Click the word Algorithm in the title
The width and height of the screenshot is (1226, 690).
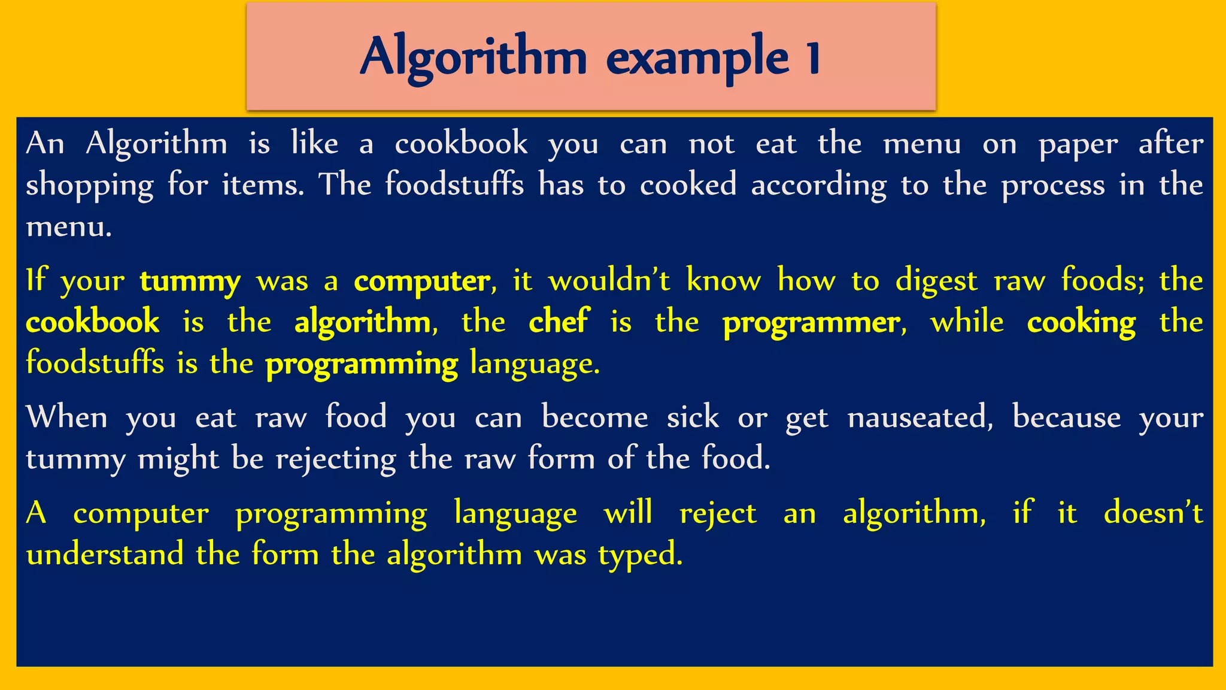pyautogui.click(x=473, y=57)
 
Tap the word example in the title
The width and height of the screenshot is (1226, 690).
pyautogui.click(x=697, y=57)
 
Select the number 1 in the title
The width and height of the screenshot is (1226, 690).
pyautogui.click(x=812, y=57)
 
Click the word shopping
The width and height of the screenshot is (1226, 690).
pyautogui.click(x=90, y=186)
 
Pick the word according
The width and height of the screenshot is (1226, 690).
pyautogui.click(x=818, y=186)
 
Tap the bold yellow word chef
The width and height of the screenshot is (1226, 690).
pyautogui.click(x=559, y=322)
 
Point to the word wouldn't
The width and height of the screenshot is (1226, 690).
pyautogui.click(x=609, y=280)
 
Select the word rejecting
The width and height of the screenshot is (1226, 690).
pyautogui.click(x=336, y=460)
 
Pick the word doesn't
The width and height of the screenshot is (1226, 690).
pyautogui.click(x=1153, y=513)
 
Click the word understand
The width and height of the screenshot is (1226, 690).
pyautogui.click(x=105, y=554)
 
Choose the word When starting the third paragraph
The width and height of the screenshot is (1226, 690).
pyautogui.click(x=66, y=417)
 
